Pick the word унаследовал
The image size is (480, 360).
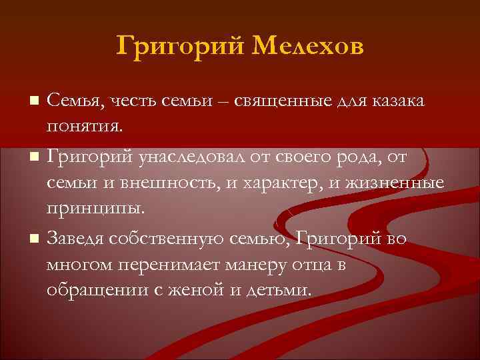pos(181,156)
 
